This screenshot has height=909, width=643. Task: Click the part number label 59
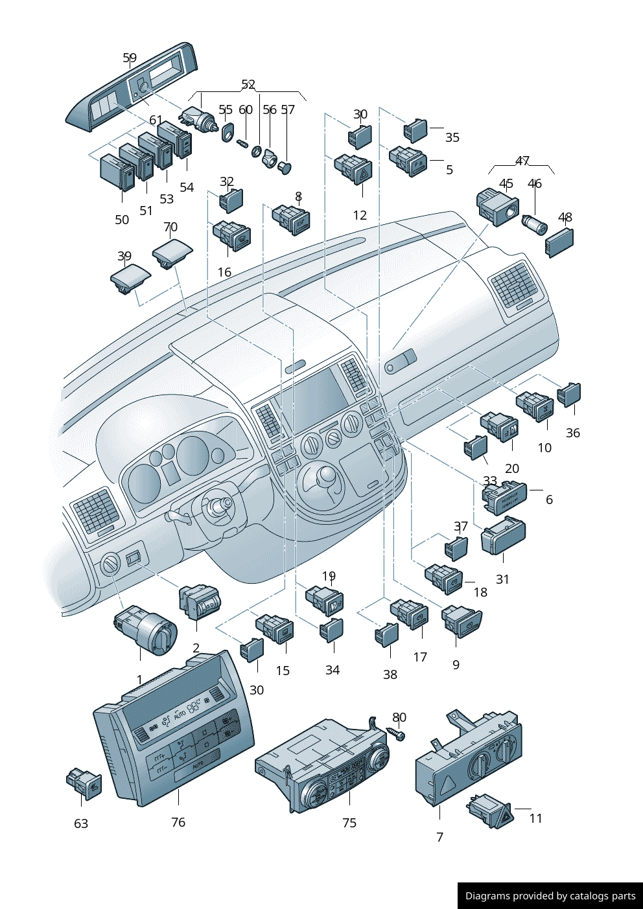(130, 58)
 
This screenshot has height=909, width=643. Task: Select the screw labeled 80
(396, 733)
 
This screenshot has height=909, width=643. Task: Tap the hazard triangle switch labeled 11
(490, 812)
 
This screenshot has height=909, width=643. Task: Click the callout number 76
(178, 822)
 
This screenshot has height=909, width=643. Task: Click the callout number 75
(349, 822)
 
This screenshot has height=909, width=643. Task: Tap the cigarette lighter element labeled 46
(535, 225)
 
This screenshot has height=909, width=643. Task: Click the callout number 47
(522, 161)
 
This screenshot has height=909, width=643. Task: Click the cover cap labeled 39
(130, 278)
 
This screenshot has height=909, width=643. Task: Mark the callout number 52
(248, 84)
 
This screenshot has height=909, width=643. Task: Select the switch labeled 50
(117, 172)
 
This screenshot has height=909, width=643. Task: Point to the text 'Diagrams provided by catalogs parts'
(550, 895)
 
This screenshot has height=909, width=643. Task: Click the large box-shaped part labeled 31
(503, 536)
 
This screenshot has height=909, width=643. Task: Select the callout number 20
(512, 468)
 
